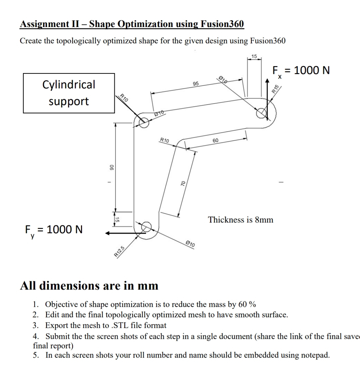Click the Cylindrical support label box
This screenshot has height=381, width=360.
[69, 93]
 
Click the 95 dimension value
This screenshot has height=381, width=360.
[196, 83]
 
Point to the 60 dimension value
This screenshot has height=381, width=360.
[215, 140]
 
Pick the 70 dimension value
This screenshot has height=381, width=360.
[183, 183]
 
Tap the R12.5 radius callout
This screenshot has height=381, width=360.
[119, 251]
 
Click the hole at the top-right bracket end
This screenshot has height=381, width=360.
[261, 113]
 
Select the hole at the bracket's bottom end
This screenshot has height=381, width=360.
[146, 227]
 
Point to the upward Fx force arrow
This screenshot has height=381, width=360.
[267, 98]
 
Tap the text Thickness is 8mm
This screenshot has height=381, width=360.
[240, 220]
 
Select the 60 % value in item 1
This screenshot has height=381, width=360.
[247, 304]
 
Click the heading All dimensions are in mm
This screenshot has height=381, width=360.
[89, 286]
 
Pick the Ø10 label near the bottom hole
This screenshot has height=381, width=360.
[190, 244]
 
